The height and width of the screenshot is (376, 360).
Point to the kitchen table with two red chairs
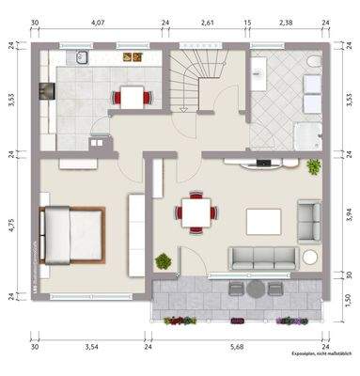[x=131, y=95]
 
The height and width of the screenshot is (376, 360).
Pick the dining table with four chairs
[x=196, y=212]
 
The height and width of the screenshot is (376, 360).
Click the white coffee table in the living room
[x=263, y=221]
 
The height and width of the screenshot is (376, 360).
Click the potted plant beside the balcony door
[x=164, y=260]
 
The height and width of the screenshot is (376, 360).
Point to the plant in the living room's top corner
[x=314, y=166]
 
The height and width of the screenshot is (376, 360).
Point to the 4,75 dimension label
[x=11, y=225]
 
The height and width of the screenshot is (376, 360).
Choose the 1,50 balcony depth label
[x=348, y=299]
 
